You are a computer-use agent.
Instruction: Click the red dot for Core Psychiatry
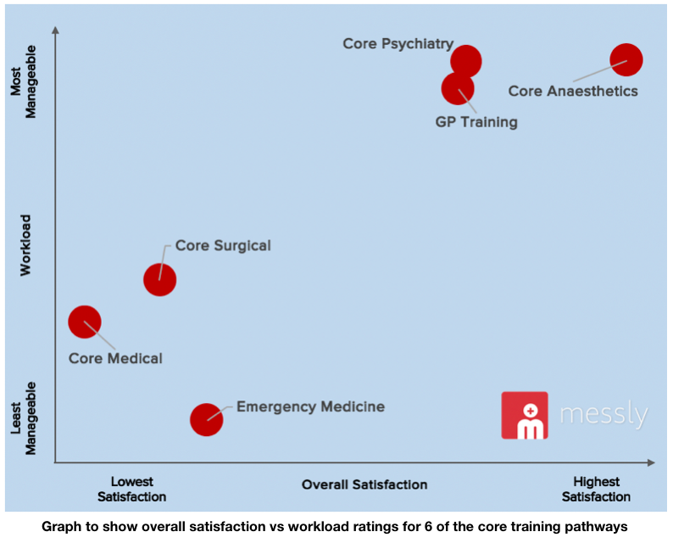pyautogui.click(x=465, y=60)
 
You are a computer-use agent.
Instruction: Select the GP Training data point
pyautogui.click(x=458, y=87)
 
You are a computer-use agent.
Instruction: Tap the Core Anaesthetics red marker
pyautogui.click(x=626, y=60)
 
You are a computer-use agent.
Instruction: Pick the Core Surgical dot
pyautogui.click(x=159, y=279)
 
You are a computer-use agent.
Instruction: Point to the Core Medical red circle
pyautogui.click(x=84, y=322)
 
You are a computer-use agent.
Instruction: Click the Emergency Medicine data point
pyautogui.click(x=206, y=418)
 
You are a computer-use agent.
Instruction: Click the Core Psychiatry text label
pyautogui.click(x=398, y=43)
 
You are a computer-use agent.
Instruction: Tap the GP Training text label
pyautogui.click(x=476, y=122)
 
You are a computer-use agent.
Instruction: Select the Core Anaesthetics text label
pyautogui.click(x=572, y=91)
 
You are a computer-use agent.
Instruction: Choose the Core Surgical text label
pyautogui.click(x=223, y=246)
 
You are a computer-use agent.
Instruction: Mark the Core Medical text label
pyautogui.click(x=115, y=358)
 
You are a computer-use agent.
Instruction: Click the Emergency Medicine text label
pyautogui.click(x=310, y=407)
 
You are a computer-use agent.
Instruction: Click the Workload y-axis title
pyautogui.click(x=25, y=244)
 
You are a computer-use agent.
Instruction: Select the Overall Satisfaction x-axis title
pyautogui.click(x=364, y=484)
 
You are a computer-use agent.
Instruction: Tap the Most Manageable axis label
pyautogui.click(x=25, y=94)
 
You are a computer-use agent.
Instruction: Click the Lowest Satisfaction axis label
pyautogui.click(x=131, y=490)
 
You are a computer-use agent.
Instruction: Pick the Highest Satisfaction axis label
pyautogui.click(x=596, y=490)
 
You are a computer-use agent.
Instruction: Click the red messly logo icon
pyautogui.click(x=525, y=415)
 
